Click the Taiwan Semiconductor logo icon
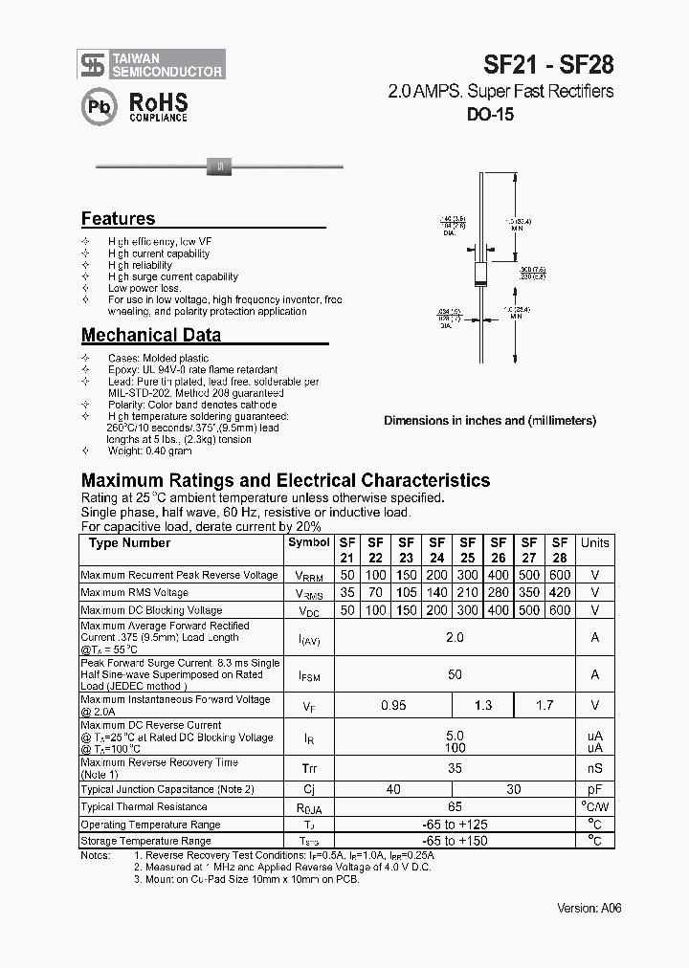93,64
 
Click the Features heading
118,218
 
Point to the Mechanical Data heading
151,335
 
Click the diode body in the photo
220,166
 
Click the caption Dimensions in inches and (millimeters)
490,420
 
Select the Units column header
594,542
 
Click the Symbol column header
308,542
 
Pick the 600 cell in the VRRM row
560,575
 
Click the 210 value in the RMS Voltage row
468,593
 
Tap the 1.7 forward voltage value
545,705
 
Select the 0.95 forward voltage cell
393,705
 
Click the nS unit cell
594,767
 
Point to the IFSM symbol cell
308,675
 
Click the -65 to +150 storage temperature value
454,841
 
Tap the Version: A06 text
589,908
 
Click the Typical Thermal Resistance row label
143,807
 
